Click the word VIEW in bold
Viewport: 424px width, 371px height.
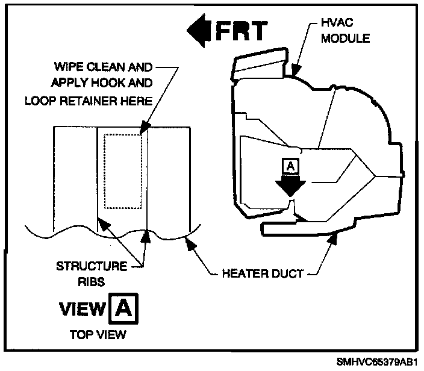click(83, 309)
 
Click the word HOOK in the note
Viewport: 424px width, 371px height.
click(104, 83)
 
